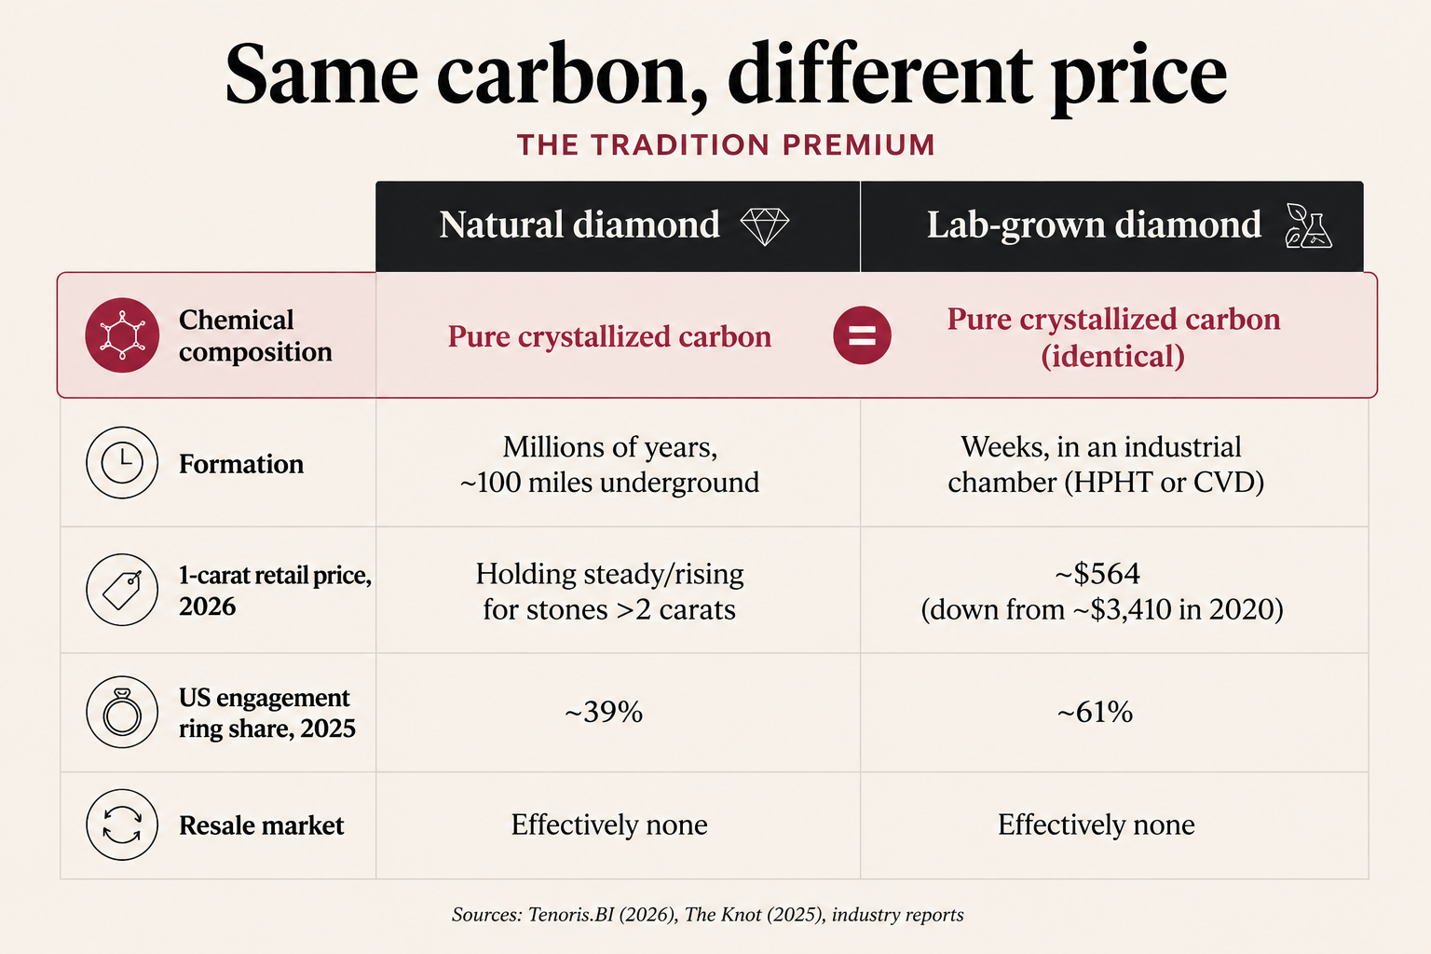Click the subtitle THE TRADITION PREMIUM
tap(726, 145)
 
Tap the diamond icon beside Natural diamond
tap(765, 226)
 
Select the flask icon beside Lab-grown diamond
tap(1308, 225)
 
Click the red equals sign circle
tap(862, 335)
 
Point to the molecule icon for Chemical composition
tap(122, 334)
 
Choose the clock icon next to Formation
tap(122, 463)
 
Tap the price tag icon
tap(122, 589)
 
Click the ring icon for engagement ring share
tap(122, 712)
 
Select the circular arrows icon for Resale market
tap(122, 825)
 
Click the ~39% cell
tap(604, 712)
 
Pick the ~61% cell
tap(1095, 712)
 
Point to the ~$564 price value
tap(1097, 573)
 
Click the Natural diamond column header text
tap(579, 225)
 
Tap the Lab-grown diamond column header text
tap(1095, 226)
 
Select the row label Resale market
tap(261, 825)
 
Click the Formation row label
tap(241, 464)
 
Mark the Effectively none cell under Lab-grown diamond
tap(1097, 825)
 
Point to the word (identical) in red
tap(1113, 356)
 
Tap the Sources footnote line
tap(708, 914)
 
